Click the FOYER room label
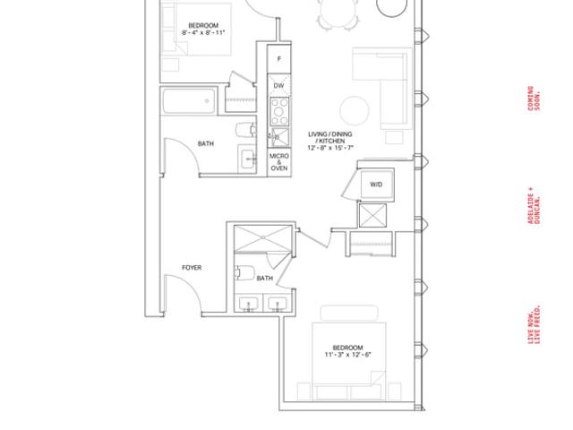[192, 268]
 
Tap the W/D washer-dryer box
[376, 185]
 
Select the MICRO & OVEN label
[279, 162]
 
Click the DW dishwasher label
[278, 86]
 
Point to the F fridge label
[279, 58]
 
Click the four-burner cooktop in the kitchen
[279, 111]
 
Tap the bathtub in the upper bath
[189, 101]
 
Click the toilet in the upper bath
[246, 130]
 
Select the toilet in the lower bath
[244, 272]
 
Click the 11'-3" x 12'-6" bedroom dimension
[348, 355]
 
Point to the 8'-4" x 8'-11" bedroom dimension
[203, 32]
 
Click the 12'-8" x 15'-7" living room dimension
[330, 148]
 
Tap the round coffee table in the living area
[355, 111]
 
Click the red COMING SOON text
[534, 99]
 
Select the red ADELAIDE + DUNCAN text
[534, 205]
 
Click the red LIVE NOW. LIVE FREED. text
[534, 324]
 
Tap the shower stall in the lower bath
[263, 238]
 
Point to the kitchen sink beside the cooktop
[280, 137]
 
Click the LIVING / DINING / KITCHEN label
[330, 137]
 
